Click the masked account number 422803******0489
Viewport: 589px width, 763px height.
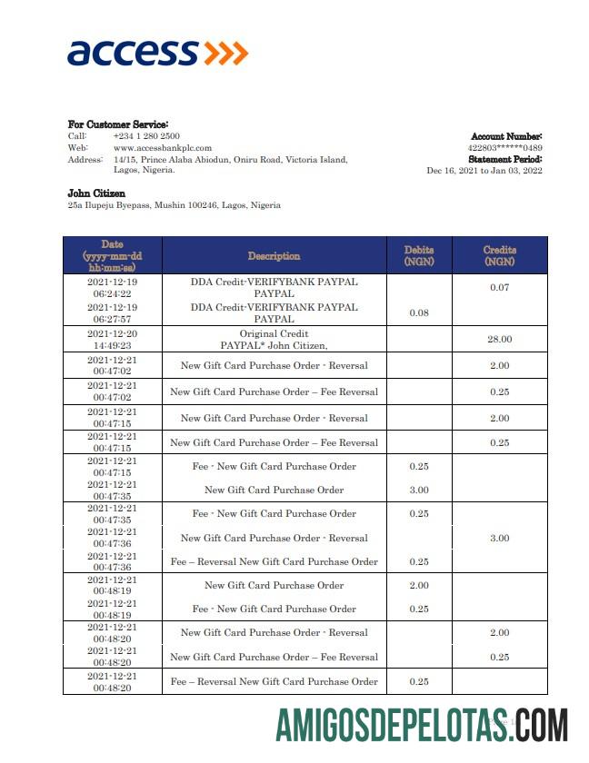click(x=504, y=147)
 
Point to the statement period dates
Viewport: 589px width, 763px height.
click(x=484, y=170)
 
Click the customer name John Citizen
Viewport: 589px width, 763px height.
click(x=96, y=193)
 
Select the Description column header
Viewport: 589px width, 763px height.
click(x=274, y=256)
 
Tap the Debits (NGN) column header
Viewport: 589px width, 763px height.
click(x=419, y=255)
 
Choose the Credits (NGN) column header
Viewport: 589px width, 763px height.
click(x=499, y=255)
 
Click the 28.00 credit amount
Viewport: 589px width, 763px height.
click(x=499, y=339)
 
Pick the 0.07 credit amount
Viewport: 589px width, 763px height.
click(x=499, y=288)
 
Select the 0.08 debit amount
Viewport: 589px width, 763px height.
click(x=419, y=312)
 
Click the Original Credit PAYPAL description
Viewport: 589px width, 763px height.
click(x=274, y=340)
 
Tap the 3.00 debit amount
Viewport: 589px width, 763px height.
click(x=419, y=490)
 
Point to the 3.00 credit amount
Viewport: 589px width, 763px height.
click(x=499, y=538)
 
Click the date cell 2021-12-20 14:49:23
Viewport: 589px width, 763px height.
click(x=112, y=340)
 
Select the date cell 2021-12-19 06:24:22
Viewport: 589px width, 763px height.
click(x=112, y=288)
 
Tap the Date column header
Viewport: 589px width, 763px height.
click(x=112, y=255)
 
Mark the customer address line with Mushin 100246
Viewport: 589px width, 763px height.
click(x=175, y=205)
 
